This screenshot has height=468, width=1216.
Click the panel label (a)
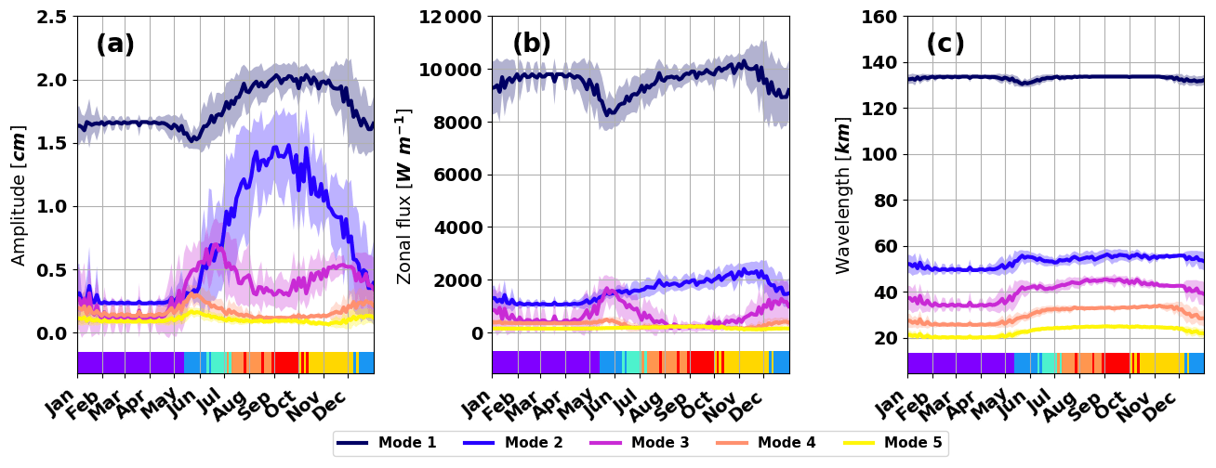coord(115,44)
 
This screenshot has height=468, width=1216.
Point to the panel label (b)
coord(532,44)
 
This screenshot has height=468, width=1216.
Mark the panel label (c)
coord(945,44)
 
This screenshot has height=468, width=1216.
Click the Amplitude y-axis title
coord(19,195)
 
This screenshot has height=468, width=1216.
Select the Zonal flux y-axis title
coord(404,195)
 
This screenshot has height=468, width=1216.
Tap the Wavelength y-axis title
coord(842,195)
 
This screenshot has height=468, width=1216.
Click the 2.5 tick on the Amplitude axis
coord(53,17)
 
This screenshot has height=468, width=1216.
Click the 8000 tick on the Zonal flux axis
coord(456,123)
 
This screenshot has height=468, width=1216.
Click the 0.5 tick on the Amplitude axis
coord(53,270)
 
